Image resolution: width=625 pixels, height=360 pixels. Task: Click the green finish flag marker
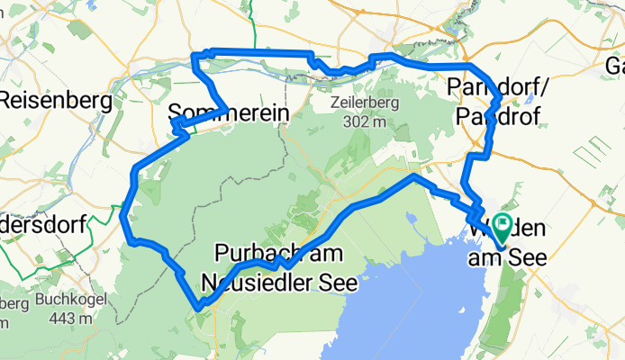point(499,226)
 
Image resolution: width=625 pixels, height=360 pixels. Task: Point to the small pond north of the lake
point(411,218)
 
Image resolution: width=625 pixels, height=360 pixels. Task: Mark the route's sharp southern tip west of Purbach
point(198,309)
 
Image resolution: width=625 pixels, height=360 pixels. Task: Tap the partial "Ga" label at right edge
point(615,66)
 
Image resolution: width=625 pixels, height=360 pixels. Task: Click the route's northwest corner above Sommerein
point(194,58)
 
